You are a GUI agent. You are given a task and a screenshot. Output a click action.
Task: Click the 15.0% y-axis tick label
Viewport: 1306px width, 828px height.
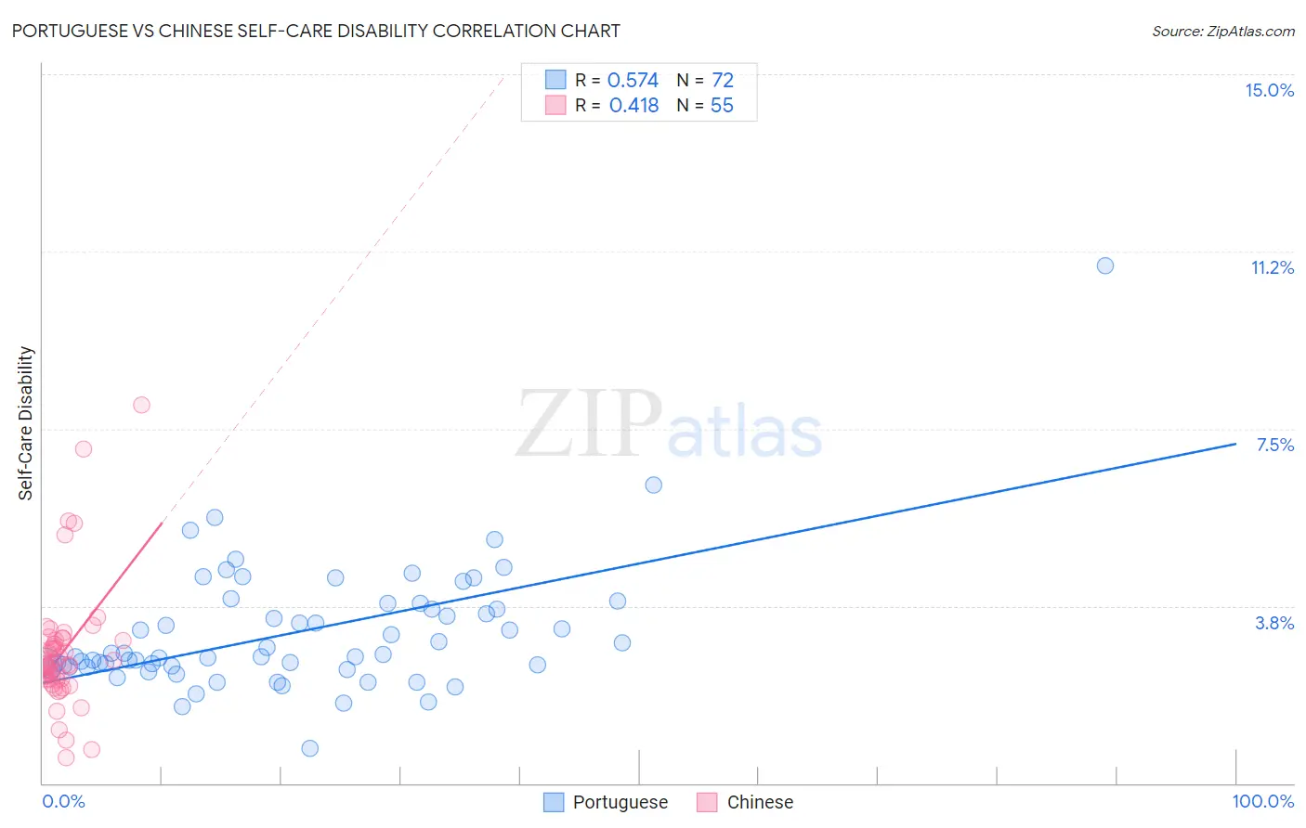(x=1269, y=90)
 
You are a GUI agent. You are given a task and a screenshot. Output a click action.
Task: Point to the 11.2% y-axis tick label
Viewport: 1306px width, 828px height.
(x=1272, y=267)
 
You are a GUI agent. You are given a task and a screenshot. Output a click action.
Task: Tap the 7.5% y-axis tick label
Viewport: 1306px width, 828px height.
(x=1274, y=445)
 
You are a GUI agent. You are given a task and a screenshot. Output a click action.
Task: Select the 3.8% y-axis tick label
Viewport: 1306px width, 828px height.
(x=1274, y=623)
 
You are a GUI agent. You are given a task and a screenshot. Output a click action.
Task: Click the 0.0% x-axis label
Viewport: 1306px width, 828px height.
(x=63, y=801)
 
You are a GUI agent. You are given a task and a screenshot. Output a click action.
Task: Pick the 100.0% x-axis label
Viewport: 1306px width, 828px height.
(x=1262, y=801)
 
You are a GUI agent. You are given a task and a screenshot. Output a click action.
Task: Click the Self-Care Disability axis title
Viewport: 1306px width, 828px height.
(x=25, y=423)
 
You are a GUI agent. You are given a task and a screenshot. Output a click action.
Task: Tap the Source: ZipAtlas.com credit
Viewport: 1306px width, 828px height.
(x=1222, y=31)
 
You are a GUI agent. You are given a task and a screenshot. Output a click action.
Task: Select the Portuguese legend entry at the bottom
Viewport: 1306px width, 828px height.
(x=606, y=802)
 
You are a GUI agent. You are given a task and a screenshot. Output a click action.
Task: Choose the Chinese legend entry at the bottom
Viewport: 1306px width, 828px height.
(x=745, y=802)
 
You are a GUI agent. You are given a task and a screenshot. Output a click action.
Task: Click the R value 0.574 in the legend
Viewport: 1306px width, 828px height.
(x=633, y=81)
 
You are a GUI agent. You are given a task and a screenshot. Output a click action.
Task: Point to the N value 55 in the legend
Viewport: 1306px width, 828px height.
(x=722, y=106)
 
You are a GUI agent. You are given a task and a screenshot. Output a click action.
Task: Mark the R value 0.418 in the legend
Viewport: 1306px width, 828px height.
(x=633, y=106)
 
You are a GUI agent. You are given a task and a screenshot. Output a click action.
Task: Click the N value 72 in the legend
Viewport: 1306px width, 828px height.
(x=722, y=81)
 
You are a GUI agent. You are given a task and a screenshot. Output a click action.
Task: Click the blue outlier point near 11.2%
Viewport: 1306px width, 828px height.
(x=1104, y=265)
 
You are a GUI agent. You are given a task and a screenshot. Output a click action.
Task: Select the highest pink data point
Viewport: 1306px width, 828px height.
(x=141, y=405)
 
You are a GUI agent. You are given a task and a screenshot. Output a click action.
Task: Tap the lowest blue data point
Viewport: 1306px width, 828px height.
(x=310, y=748)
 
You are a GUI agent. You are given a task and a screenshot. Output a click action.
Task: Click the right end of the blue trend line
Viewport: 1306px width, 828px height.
(x=1235, y=444)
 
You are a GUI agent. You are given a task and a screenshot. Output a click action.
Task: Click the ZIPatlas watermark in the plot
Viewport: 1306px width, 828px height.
(x=669, y=424)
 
